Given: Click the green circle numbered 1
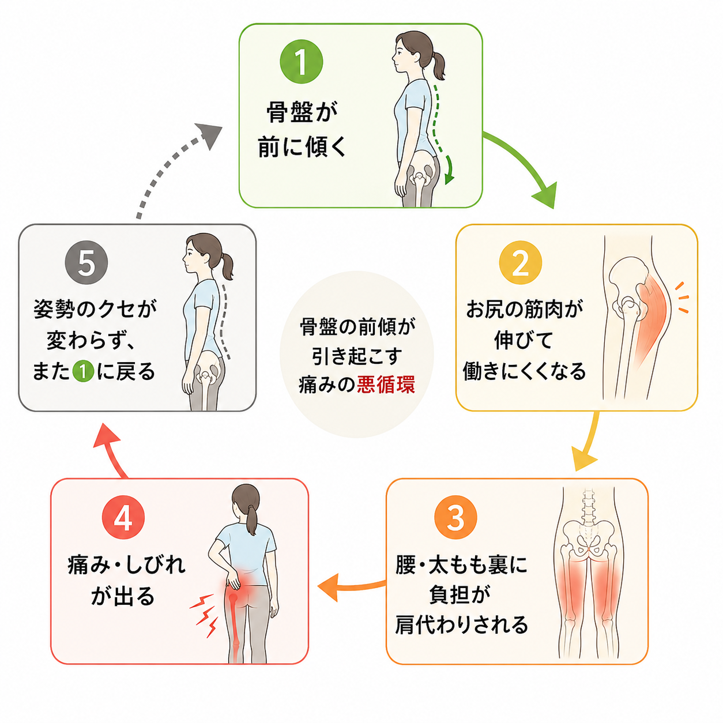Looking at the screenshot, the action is point(302,62).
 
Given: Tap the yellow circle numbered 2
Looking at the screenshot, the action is point(520,263).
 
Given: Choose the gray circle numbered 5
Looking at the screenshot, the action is point(86,263).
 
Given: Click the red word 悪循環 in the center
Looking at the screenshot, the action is point(386,385).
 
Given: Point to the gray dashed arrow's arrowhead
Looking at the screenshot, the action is point(209,136).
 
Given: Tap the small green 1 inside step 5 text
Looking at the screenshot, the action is point(83,372).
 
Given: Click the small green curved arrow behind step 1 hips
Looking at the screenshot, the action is point(449,171).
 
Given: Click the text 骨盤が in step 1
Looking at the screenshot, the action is point(302,112).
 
